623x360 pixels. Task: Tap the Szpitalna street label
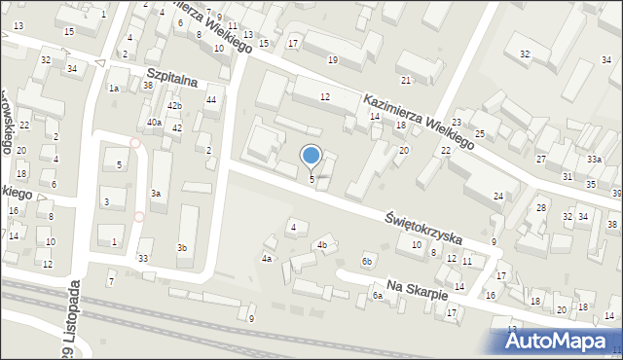[x=171, y=75]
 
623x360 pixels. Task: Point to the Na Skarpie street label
[x=416, y=289]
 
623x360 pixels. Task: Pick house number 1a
[x=114, y=89]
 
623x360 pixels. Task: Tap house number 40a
[x=154, y=123]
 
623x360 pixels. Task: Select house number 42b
[x=174, y=105]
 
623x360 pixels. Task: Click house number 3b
[x=181, y=248]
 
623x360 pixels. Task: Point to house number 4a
[x=267, y=259]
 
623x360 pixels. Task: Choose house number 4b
[x=321, y=245]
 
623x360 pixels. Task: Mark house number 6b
[x=367, y=261]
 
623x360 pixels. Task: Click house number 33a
[x=593, y=160]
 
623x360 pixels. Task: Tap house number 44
[x=210, y=100]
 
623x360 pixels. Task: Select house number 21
[x=406, y=80]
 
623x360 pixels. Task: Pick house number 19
[x=333, y=60]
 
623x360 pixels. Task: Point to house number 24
[x=498, y=197]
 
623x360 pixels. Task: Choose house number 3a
[x=155, y=194]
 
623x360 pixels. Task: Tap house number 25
[x=480, y=132]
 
